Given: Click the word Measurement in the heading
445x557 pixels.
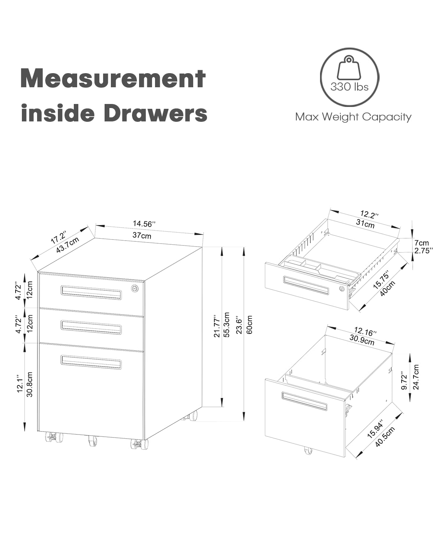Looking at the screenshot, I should coord(113,78).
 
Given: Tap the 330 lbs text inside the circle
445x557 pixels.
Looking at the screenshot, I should coord(349,87).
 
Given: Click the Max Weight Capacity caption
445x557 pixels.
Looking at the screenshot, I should coord(353,117).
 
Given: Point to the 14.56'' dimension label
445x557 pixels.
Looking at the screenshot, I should coord(144,224).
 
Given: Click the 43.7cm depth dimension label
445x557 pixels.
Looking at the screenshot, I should coord(67,245).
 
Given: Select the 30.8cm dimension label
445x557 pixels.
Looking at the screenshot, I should coord(30,384).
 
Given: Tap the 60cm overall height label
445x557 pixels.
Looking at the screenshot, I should coord(250,325).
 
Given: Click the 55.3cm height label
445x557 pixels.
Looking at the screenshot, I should coord(227,325).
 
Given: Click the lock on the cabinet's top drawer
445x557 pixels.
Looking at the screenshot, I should coord(135,289).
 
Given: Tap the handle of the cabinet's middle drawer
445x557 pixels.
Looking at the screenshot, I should coord(91,326).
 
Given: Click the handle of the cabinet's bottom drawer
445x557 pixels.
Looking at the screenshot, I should coord(91,362).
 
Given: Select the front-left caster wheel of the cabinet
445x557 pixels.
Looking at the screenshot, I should coord(54,437).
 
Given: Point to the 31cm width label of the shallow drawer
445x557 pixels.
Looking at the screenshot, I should coord(365,224).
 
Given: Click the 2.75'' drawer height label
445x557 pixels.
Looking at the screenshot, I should coord(424,251).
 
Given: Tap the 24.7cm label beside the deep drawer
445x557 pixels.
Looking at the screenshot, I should coord(416,377).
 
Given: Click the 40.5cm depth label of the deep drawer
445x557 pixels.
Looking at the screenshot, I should coord(385,437).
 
